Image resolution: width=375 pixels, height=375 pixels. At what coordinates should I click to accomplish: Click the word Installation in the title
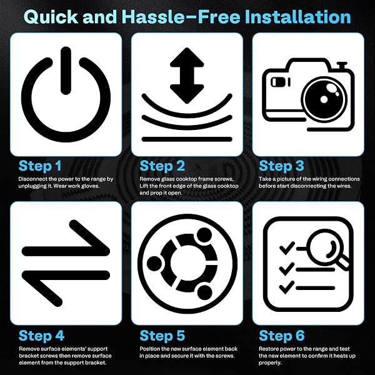tap(297, 17)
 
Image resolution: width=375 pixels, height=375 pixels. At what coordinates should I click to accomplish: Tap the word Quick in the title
tap(51, 17)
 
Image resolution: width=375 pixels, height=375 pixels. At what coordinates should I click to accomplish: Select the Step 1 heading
tap(40, 166)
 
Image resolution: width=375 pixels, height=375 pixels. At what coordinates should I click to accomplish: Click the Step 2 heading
tap(162, 166)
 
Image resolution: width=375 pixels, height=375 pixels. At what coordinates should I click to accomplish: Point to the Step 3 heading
tap(281, 166)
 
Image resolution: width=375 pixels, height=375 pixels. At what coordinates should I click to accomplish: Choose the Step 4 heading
tap(41, 335)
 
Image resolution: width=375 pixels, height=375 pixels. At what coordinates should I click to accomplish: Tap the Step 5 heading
tap(162, 335)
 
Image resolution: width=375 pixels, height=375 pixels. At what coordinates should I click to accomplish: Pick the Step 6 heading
tap(281, 335)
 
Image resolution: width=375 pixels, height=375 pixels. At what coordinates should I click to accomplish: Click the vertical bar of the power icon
tap(66, 71)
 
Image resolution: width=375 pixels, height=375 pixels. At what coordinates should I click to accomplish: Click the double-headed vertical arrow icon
tap(187, 76)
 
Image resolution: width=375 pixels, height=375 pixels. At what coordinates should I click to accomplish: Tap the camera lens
tap(324, 98)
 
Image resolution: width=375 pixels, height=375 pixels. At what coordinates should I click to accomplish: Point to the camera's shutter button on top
tap(342, 66)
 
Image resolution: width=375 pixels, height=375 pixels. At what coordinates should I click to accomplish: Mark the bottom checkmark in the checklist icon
tap(287, 287)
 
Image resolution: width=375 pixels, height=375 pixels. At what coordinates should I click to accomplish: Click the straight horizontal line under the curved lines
tap(187, 139)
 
